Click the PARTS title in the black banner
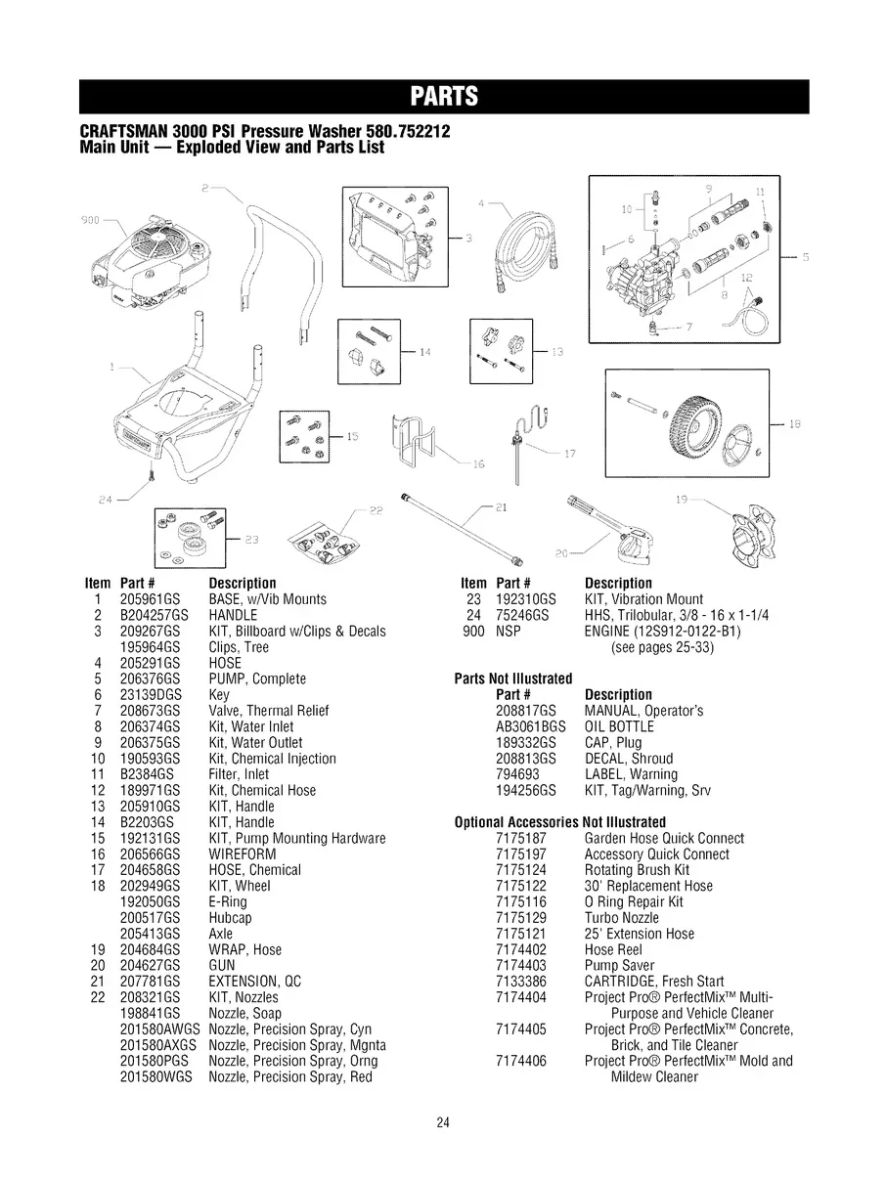[443, 96]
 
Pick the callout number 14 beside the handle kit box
[424, 350]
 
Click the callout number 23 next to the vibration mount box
[251, 539]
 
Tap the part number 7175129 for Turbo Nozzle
[520, 918]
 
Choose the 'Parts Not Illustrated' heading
[513, 678]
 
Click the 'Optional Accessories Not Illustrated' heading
[560, 822]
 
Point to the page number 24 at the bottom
[443, 1123]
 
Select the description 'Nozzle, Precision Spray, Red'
[290, 1077]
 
